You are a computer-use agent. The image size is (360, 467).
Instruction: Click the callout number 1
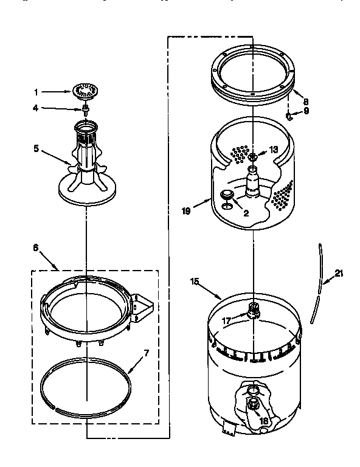tap(36, 92)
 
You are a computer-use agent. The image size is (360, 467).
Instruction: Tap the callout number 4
tap(36, 108)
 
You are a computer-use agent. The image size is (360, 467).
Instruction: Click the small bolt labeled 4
tap(86, 109)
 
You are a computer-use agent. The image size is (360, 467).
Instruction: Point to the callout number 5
tap(36, 147)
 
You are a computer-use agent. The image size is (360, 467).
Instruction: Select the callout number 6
tap(35, 247)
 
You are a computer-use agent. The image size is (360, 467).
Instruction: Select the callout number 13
tap(272, 150)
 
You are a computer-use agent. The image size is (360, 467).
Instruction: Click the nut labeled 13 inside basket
tap(253, 156)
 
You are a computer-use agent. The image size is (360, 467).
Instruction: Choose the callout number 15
tap(196, 281)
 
